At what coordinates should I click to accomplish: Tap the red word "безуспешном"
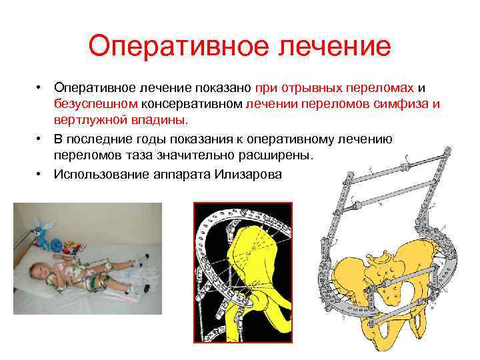[x=97, y=104]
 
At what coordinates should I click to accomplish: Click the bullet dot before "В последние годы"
[x=41, y=138]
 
